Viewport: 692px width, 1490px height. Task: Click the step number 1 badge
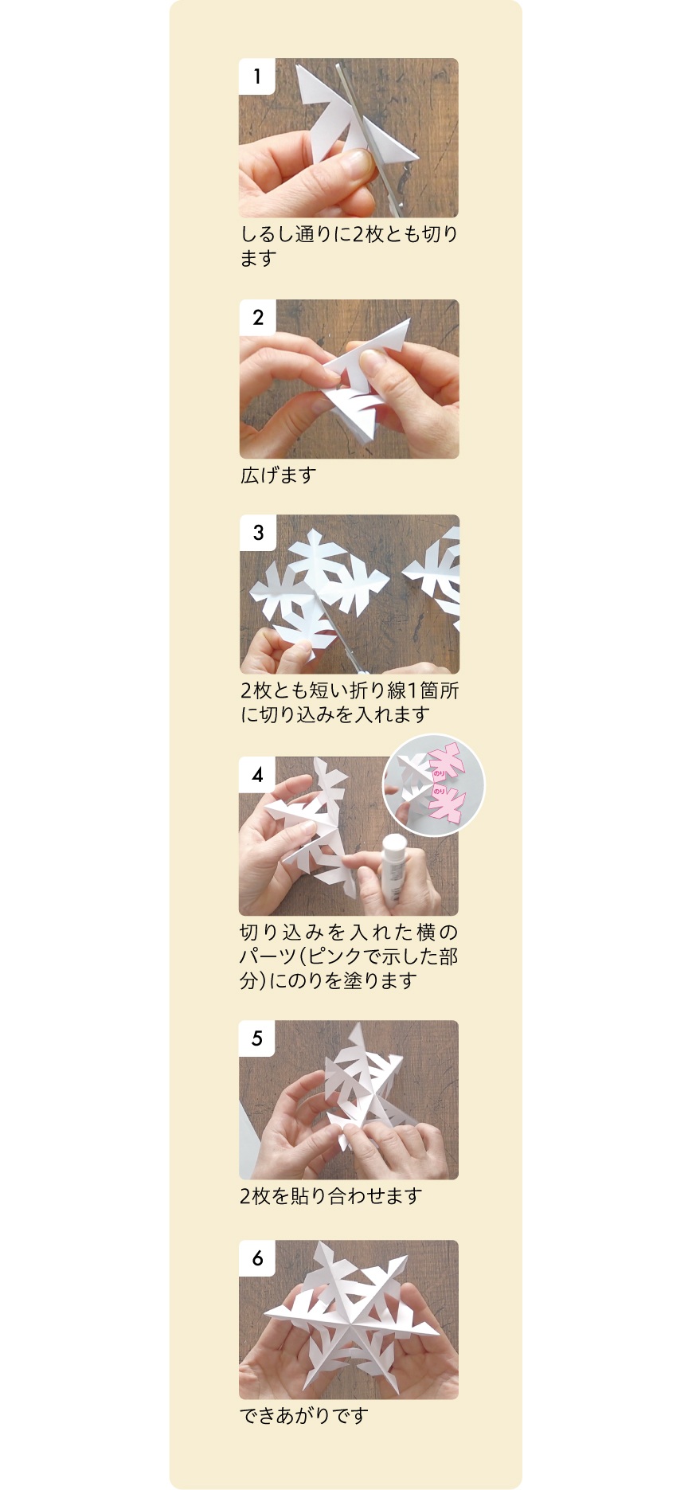[256, 76]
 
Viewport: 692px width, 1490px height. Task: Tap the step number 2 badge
[257, 318]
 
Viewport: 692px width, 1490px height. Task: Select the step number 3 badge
[257, 533]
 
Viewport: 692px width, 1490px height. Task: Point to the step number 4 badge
[257, 775]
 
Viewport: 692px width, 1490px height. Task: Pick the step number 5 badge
[257, 1038]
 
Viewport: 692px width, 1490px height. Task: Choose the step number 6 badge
[257, 1258]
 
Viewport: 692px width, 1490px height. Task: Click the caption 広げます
[279, 475]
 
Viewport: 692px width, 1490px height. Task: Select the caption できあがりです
[304, 1416]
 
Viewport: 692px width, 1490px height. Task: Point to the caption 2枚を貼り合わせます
[330, 1196]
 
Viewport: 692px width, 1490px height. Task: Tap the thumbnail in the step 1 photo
[358, 164]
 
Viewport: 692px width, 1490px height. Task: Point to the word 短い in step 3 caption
[328, 691]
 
